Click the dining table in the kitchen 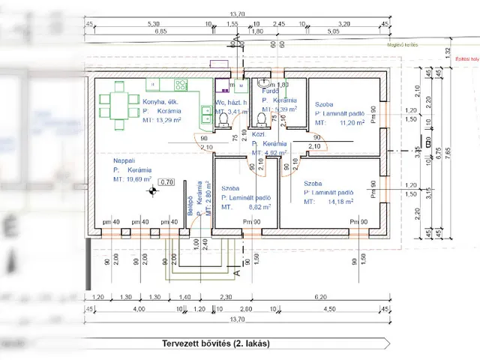click(118, 103)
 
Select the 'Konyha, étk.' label click(161, 101)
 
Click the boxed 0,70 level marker click(167, 181)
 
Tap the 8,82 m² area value click(261, 207)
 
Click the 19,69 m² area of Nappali click(139, 180)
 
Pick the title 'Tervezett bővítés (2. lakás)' click(215, 343)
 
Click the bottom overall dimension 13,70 click(238, 320)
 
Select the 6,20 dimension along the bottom click(321, 296)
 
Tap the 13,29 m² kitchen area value click(169, 119)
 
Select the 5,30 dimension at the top click(154, 23)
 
